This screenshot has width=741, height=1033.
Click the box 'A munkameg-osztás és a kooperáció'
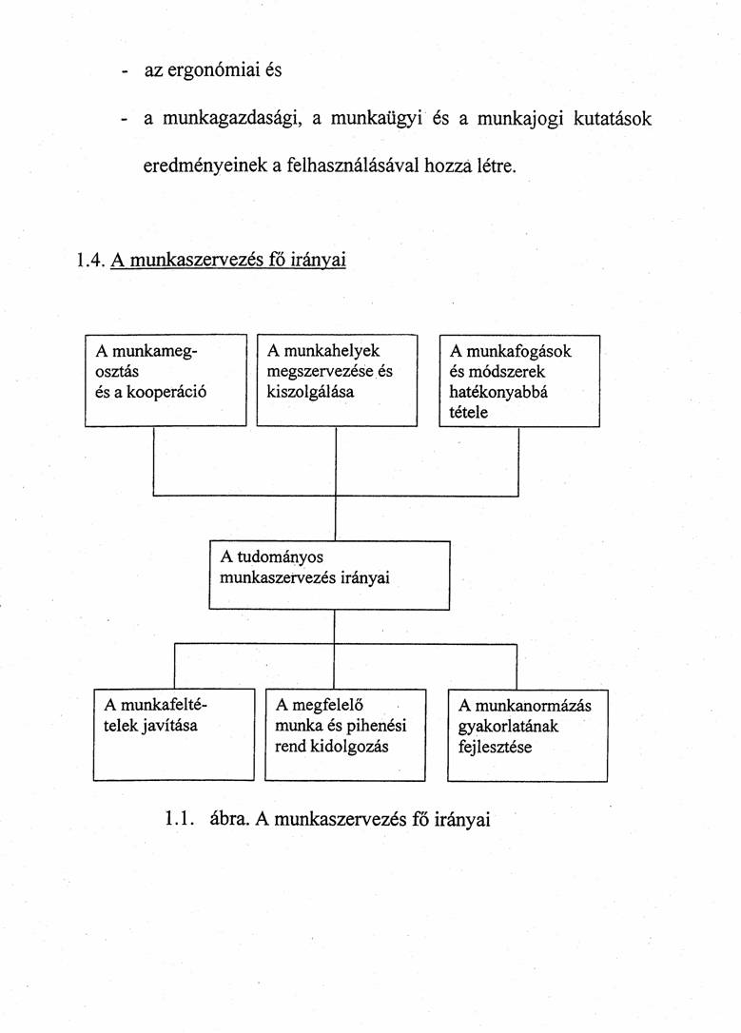(x=166, y=380)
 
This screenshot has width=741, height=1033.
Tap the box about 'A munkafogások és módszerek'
(x=519, y=380)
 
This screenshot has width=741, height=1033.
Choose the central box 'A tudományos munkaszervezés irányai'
(x=329, y=575)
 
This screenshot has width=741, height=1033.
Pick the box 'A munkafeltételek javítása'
(x=174, y=734)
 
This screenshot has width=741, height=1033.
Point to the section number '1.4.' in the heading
(x=88, y=260)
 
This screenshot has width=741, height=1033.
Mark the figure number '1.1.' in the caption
(x=180, y=818)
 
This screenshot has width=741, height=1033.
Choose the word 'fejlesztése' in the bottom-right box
(x=495, y=747)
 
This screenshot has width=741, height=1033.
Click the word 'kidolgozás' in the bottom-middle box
(x=351, y=747)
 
